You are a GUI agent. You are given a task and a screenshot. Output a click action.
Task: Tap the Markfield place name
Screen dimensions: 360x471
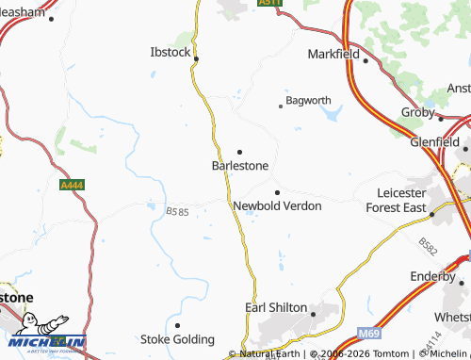coord(333,54)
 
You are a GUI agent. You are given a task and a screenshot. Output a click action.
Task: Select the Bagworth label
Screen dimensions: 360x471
coord(308,100)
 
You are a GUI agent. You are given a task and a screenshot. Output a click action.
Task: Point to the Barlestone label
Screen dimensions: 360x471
coord(240,165)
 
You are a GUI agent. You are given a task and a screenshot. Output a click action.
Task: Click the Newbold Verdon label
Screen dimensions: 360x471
coord(277,205)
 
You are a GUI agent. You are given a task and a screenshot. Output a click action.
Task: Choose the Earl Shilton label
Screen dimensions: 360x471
coord(276,307)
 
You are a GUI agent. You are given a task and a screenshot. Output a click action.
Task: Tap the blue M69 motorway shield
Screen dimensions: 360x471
coord(369,334)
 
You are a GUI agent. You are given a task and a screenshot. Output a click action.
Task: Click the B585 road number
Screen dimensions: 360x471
coord(177,213)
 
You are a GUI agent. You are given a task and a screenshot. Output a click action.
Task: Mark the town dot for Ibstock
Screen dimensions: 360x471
coord(196,58)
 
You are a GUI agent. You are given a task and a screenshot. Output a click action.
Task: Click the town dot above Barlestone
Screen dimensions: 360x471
coord(239,151)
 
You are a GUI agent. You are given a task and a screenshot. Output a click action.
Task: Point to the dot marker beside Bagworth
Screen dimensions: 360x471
coord(280,106)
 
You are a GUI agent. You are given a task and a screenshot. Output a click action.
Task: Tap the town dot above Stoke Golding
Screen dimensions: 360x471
coord(177,325)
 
